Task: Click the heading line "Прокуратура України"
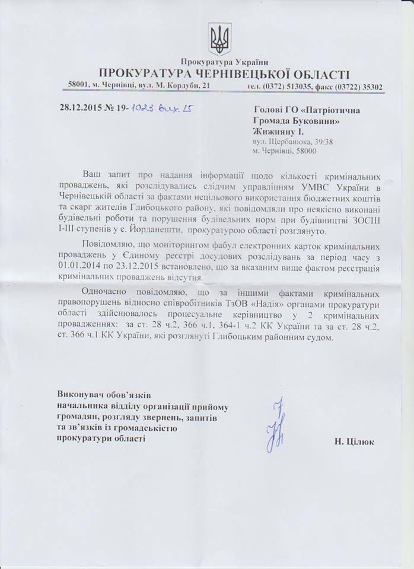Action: click(x=225, y=62)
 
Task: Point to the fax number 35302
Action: click(x=371, y=87)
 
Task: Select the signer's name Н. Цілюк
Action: click(x=354, y=442)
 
